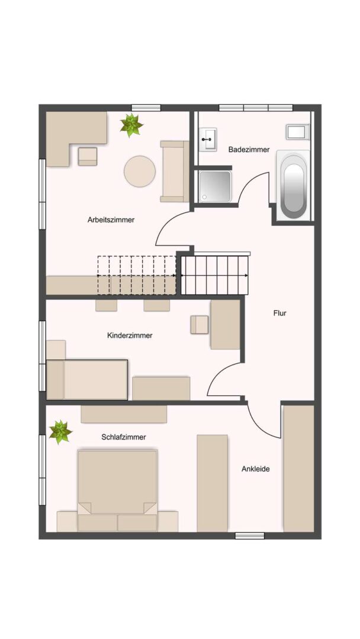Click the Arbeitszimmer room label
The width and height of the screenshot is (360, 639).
[111, 220]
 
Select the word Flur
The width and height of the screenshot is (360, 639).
[279, 313]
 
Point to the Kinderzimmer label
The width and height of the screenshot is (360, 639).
[130, 335]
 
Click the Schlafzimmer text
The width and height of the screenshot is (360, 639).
[124, 437]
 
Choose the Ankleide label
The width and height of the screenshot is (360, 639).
[256, 469]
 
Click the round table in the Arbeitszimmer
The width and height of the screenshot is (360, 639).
[140, 171]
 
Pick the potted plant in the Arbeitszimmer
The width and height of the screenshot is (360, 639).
[131, 125]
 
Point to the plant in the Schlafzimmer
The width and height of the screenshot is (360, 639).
[60, 431]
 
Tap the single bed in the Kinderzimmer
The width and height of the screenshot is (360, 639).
[88, 379]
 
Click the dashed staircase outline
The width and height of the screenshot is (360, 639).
[137, 275]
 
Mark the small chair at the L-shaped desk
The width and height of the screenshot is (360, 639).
[87, 156]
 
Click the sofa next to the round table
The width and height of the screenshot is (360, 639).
[175, 171]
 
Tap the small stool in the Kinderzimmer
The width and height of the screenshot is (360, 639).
[199, 324]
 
